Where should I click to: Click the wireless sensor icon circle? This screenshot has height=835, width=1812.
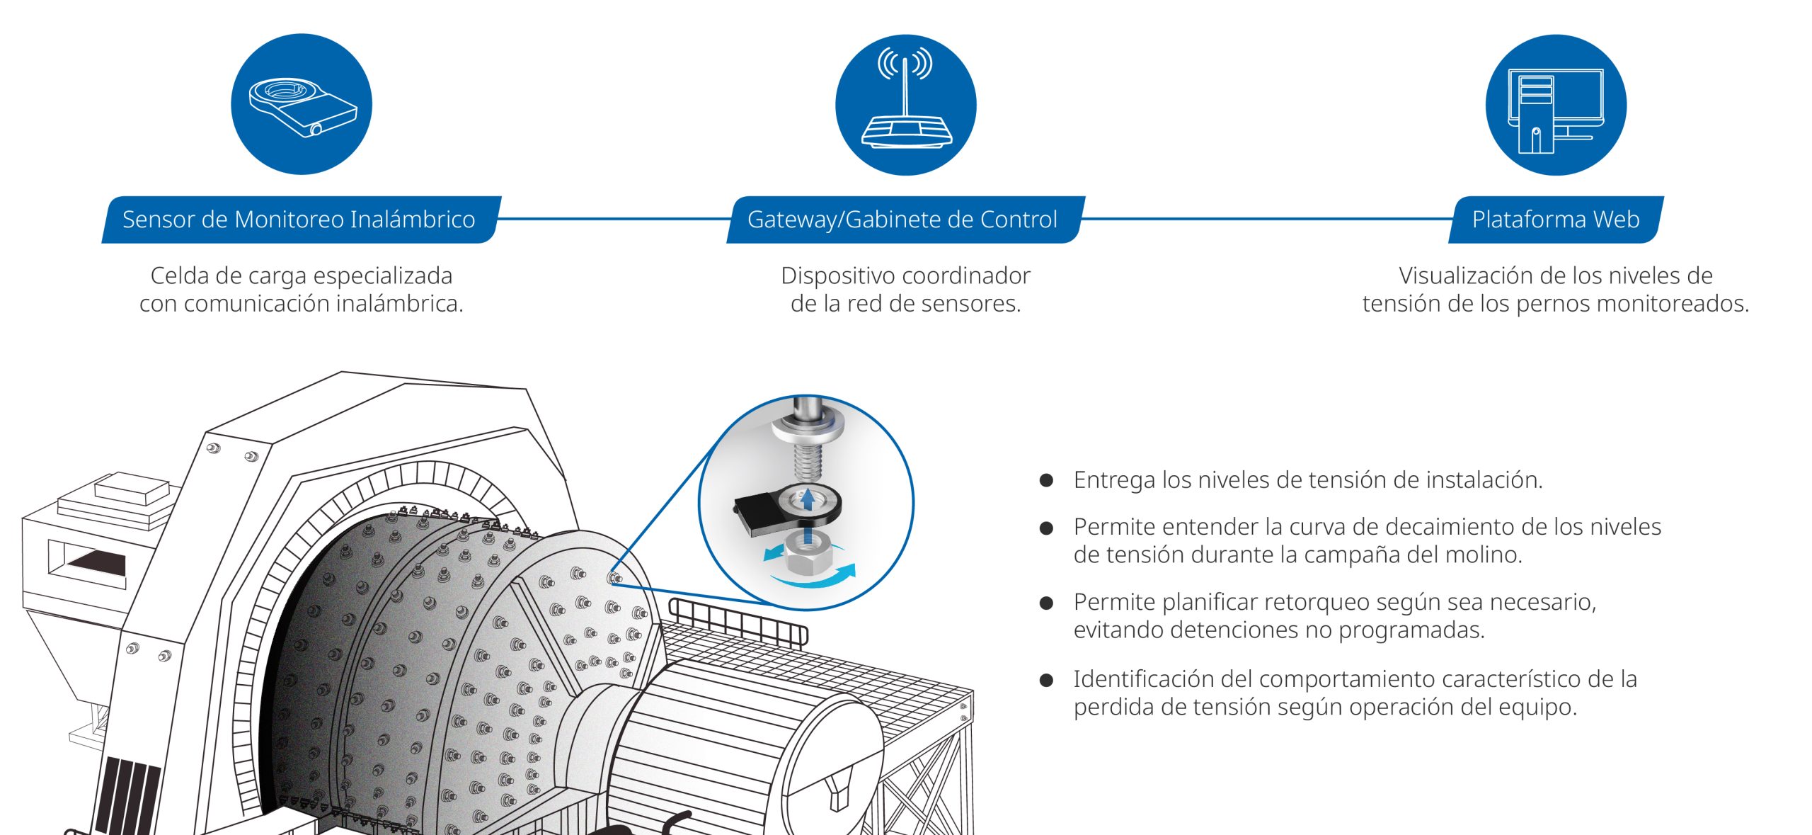(302, 104)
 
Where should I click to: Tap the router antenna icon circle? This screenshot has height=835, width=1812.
(905, 105)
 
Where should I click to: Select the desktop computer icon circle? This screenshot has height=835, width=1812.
(1555, 105)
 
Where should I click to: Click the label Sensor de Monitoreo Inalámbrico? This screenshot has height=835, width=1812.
(299, 220)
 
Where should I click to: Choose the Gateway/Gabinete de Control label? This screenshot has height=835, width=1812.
(902, 220)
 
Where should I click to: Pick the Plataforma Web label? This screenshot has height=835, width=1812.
(1556, 220)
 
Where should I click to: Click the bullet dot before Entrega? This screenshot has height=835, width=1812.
(1046, 481)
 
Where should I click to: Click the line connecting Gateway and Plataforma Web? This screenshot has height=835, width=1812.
(1267, 219)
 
